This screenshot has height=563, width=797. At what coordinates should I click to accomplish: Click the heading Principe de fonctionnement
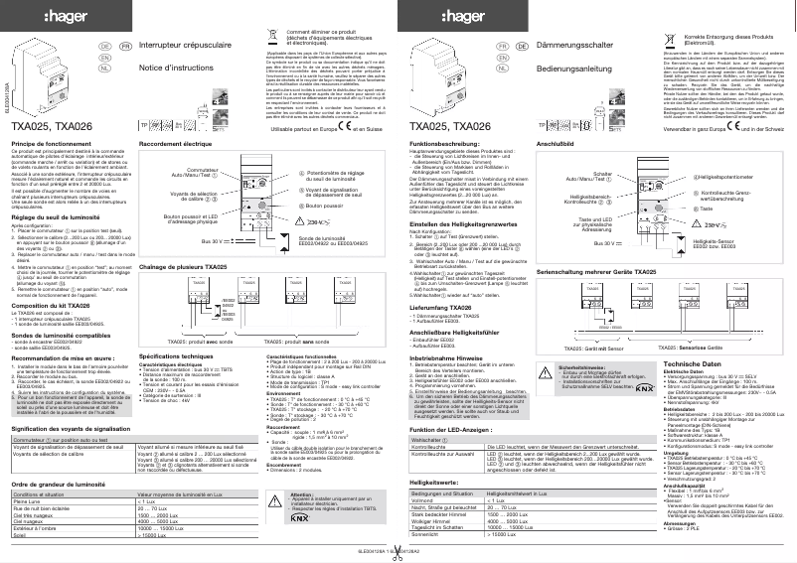point(52,144)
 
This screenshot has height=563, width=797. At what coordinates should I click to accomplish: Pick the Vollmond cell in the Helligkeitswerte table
point(426,500)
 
